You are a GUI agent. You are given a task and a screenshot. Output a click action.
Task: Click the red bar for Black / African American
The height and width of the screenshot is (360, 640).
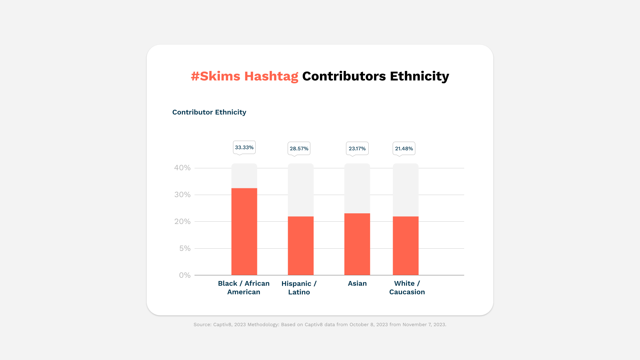point(244,232)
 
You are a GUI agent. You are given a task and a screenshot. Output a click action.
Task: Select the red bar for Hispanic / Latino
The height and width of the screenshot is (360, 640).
point(301,246)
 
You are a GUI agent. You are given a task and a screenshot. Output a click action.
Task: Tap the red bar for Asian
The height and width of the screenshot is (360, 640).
point(357,244)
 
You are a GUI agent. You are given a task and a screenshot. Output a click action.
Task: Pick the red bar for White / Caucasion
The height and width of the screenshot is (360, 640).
point(405,246)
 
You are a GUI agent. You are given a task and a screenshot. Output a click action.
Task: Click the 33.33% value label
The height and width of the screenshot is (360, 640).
point(244,147)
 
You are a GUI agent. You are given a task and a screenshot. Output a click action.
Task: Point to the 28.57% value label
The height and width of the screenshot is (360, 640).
point(299,148)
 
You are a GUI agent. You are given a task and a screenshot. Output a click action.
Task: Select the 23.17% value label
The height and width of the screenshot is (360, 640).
point(357,148)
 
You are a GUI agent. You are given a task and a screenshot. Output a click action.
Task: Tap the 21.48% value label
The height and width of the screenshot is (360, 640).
point(404,148)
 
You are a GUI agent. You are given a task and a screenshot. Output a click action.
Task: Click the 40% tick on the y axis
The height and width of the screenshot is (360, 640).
point(182,168)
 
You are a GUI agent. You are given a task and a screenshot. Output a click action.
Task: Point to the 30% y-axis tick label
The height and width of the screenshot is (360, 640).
point(182,195)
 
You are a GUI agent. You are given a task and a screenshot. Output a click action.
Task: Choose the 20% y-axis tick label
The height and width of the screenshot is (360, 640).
point(182,222)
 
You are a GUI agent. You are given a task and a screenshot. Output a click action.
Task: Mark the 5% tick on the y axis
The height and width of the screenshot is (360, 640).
point(185,248)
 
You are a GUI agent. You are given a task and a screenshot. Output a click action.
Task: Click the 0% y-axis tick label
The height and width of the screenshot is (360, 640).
point(185,275)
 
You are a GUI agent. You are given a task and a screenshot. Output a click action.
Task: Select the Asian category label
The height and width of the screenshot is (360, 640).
point(357,283)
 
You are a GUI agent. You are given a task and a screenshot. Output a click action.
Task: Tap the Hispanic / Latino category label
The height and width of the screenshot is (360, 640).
point(299,288)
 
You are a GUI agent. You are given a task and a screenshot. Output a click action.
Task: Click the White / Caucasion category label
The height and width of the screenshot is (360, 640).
point(407,288)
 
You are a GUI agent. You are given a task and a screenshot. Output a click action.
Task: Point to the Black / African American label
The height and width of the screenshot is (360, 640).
point(244,288)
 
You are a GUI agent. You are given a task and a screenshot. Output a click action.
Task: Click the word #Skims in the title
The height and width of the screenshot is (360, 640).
point(215,76)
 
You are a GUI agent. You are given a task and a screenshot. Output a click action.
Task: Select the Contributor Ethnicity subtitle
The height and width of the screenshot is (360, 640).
point(209,112)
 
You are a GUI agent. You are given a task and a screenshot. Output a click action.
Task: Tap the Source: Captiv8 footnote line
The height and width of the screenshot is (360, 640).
point(320,325)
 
